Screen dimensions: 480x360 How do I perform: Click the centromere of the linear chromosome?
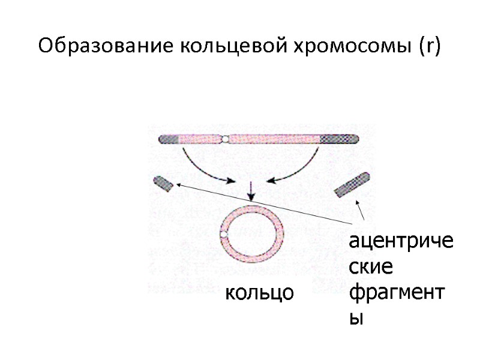(x=224, y=139)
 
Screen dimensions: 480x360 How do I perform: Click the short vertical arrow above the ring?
(x=251, y=191)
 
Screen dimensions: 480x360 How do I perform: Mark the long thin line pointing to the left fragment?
(x=264, y=204)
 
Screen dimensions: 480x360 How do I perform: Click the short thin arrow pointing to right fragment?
(x=361, y=211)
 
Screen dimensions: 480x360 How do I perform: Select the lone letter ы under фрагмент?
(x=356, y=319)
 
